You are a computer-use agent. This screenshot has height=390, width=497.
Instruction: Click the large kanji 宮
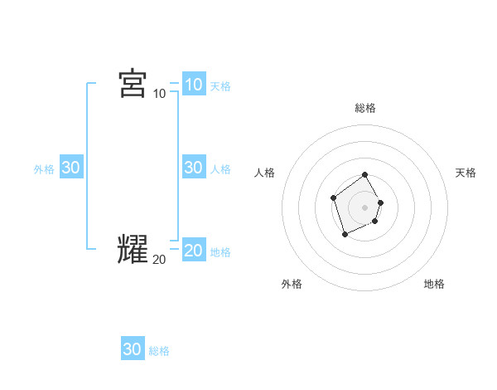point(133,84)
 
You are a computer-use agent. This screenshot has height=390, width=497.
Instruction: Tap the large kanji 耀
point(133,249)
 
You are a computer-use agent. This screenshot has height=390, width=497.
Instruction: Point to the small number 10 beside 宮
point(160,93)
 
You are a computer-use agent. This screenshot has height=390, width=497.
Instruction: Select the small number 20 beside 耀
point(159,259)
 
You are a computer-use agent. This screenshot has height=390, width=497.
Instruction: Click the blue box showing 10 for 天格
point(193,84)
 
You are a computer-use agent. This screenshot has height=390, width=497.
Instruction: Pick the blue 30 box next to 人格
point(193,167)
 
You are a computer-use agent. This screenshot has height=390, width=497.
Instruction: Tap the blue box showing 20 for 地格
point(193,250)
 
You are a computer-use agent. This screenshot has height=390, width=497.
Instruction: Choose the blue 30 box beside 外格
point(70,167)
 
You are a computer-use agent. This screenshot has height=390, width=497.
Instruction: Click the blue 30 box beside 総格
point(133,349)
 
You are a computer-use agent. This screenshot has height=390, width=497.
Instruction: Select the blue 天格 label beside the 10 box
point(220,85)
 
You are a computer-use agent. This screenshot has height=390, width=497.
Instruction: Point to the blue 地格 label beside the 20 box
point(220,252)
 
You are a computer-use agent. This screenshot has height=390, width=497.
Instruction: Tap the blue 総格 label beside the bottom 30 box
point(159,352)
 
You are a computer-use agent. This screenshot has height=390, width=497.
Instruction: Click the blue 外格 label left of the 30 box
point(44,169)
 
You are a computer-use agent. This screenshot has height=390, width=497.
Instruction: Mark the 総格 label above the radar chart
point(365,108)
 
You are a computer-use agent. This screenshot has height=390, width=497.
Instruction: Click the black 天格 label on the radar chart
point(466,173)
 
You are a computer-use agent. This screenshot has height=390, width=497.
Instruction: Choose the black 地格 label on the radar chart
point(434,284)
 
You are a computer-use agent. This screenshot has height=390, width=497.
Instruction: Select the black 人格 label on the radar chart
point(265,173)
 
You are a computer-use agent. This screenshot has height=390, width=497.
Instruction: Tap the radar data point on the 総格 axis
point(365,176)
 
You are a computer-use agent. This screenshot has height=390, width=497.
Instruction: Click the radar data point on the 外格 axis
point(345,236)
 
